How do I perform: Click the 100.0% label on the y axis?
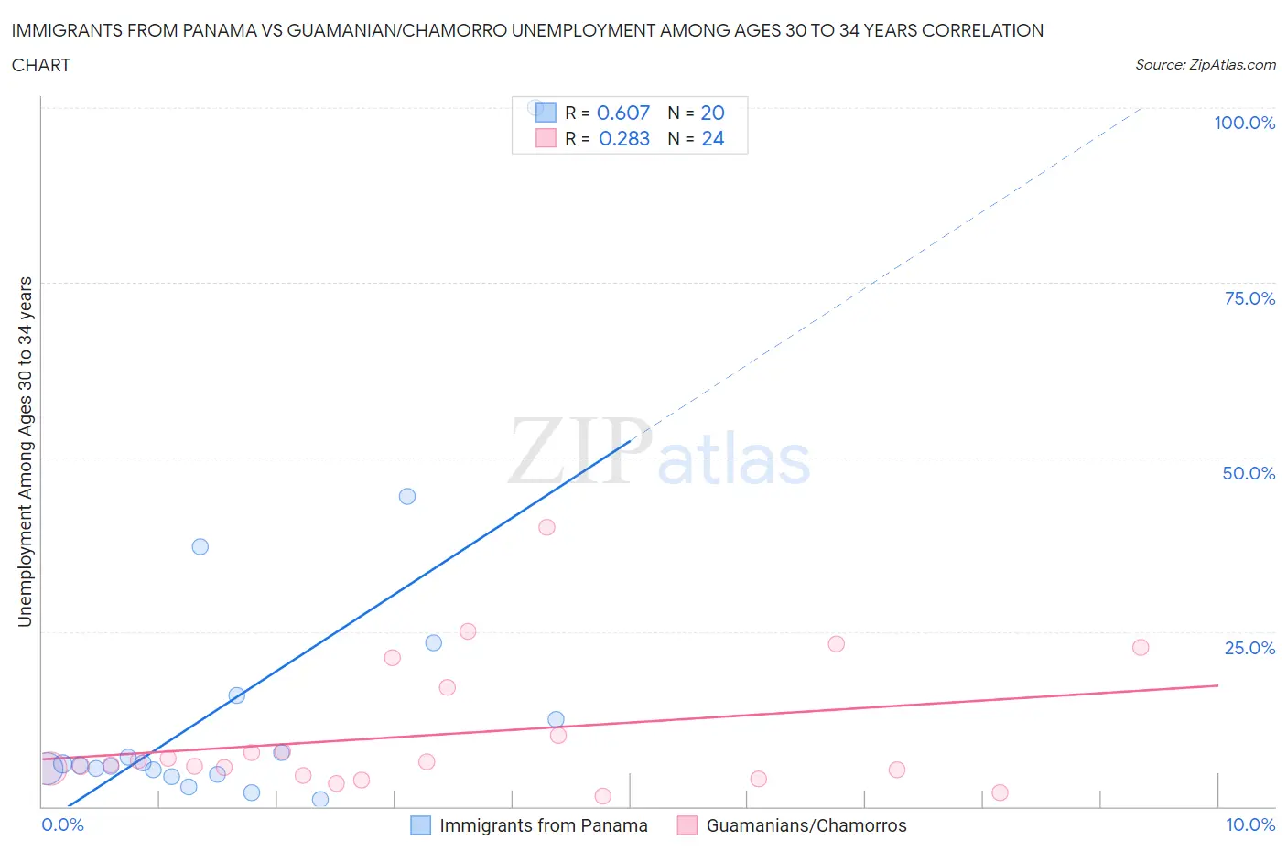click(x=1244, y=123)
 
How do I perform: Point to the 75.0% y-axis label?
click(x=1249, y=298)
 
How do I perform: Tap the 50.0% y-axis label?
click(x=1249, y=473)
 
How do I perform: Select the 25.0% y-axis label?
click(x=1249, y=648)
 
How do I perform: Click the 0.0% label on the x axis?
click(x=62, y=824)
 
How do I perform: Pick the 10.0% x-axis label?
click(x=1250, y=824)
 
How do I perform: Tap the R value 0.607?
click(x=622, y=113)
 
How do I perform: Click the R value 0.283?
click(x=623, y=138)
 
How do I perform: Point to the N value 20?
click(x=712, y=113)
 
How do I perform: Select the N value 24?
click(x=712, y=138)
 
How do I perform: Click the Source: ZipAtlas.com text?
click(x=1205, y=64)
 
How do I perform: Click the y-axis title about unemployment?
click(x=25, y=451)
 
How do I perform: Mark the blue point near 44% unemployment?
click(x=407, y=496)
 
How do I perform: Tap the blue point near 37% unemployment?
click(x=200, y=546)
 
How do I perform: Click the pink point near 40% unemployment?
click(x=546, y=527)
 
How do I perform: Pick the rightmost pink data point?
click(x=1140, y=647)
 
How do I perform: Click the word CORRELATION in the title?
click(x=982, y=30)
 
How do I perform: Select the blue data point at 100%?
click(x=535, y=107)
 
